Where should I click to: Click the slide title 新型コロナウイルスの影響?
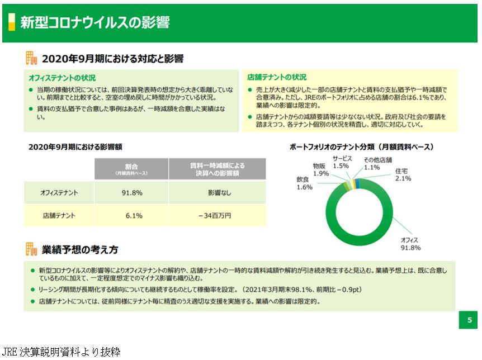click(94, 22)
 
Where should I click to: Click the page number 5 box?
click(469, 320)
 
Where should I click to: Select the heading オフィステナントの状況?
click(62, 78)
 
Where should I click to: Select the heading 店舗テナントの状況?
click(277, 78)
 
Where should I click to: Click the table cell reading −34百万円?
click(218, 215)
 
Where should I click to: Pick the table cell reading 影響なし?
click(218, 193)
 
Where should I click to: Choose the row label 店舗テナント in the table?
click(59, 215)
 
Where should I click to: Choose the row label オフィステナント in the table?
click(59, 193)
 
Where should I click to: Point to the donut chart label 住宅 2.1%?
click(403, 174)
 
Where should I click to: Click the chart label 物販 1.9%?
click(320, 170)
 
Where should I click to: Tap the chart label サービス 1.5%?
click(341, 162)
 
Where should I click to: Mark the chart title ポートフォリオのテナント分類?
click(361, 147)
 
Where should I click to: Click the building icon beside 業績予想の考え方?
click(31, 249)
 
